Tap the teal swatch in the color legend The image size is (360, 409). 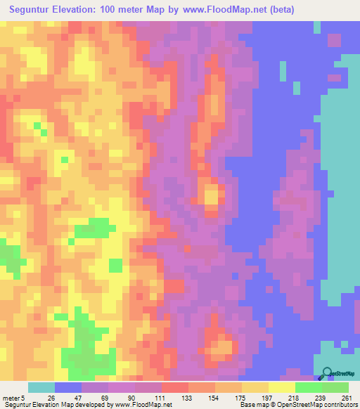41,387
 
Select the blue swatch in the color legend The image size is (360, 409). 68,387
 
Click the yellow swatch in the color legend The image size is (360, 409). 281,387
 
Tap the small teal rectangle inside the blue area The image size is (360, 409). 283,71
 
